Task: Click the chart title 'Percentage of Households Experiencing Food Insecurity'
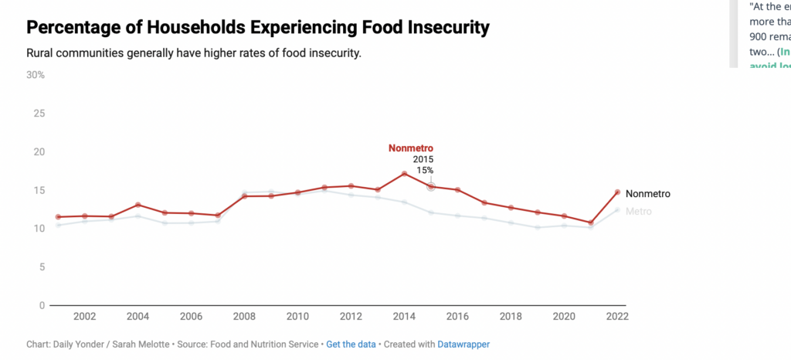[258, 29]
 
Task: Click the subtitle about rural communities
[194, 53]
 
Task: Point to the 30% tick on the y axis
[36, 75]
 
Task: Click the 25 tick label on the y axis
[39, 114]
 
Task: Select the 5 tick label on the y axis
[41, 267]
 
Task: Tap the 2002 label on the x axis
[84, 317]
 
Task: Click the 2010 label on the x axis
[297, 317]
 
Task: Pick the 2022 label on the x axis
[616, 317]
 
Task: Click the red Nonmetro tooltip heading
[410, 148]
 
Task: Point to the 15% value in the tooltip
[425, 170]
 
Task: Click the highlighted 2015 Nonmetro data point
[431, 186]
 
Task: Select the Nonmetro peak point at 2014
[404, 174]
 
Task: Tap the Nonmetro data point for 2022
[617, 192]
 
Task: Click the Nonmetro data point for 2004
[137, 205]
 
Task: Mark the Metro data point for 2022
[617, 210]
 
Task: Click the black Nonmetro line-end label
[647, 194]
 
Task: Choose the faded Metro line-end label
[638, 212]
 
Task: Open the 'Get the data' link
[351, 344]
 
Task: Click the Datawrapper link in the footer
[461, 344]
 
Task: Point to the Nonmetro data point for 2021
[591, 222]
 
